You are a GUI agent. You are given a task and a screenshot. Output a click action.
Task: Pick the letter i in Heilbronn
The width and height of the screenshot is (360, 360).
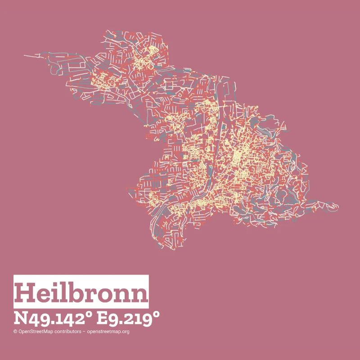pos(54,292)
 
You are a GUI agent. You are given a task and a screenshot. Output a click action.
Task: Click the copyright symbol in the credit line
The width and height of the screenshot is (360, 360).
pos(15,332)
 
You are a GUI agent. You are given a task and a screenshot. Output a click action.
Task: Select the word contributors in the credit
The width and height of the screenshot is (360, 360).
pos(67,332)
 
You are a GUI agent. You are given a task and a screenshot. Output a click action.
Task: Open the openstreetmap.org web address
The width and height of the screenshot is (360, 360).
pos(108,332)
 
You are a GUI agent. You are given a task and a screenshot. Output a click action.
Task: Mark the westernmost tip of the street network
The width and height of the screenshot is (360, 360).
pos(24,55)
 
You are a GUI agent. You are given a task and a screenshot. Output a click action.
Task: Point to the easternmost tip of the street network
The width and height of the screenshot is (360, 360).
pos(338,207)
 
